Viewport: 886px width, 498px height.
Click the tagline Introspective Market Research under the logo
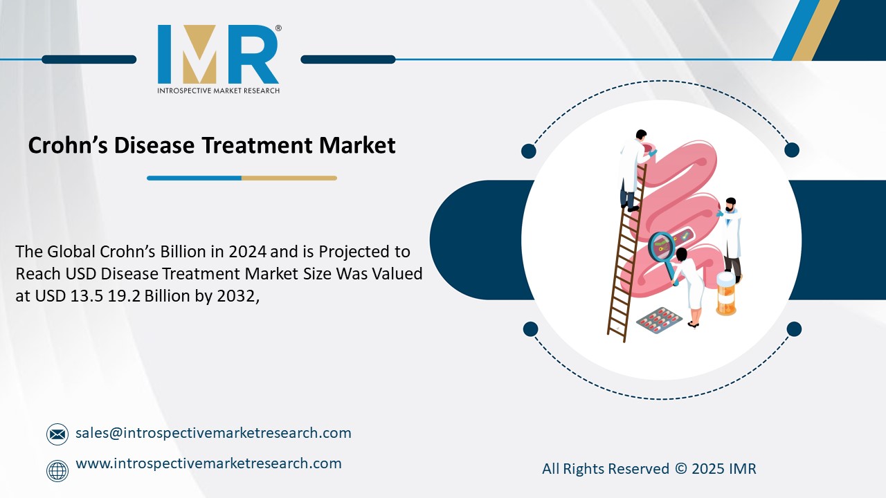click(219, 91)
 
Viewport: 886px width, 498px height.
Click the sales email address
click(213, 433)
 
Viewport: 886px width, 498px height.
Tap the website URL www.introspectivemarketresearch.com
click(208, 463)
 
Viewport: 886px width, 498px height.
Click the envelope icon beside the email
click(57, 434)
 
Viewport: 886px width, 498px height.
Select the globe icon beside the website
click(57, 471)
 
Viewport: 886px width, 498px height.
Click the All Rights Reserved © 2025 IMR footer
click(649, 469)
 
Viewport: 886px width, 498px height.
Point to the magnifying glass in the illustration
click(662, 249)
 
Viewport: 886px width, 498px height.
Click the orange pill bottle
click(725, 294)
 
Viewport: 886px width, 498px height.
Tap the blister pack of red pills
click(658, 317)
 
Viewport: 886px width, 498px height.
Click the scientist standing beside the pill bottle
click(730, 235)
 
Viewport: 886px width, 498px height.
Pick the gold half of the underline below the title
click(289, 178)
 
